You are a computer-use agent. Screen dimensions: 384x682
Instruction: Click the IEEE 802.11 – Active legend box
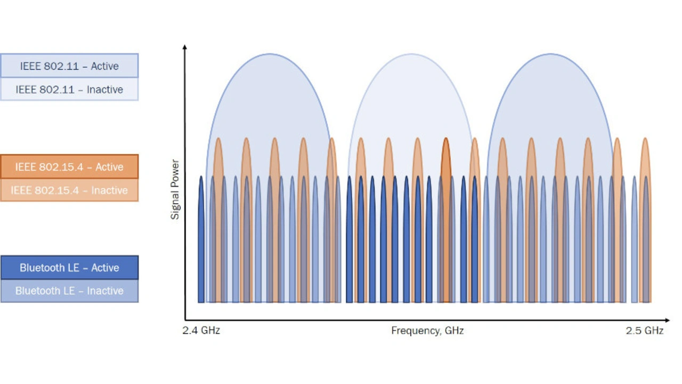coord(69,66)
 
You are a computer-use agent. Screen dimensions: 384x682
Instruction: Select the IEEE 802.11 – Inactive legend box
coord(69,90)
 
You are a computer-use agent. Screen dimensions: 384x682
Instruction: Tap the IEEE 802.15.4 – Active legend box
coord(69,167)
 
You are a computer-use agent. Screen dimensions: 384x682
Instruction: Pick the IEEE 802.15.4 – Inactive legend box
coord(69,190)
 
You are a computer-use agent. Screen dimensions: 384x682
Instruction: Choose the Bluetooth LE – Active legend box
coord(69,268)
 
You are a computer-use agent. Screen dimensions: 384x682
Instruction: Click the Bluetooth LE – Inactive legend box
coord(69,291)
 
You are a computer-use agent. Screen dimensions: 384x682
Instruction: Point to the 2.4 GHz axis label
coord(201,331)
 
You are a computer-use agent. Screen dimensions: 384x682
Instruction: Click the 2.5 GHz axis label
coord(644,331)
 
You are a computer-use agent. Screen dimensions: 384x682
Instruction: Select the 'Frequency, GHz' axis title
coord(427,331)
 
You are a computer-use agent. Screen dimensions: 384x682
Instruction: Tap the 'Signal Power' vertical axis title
coord(175,189)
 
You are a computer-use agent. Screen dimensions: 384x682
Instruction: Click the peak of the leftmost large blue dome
coord(270,54)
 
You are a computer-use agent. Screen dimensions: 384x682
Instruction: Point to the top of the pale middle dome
coord(410,54)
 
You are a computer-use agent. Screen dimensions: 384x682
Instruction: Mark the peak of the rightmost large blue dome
coord(550,54)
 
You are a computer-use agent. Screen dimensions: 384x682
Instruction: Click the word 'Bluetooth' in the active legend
coord(43,268)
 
